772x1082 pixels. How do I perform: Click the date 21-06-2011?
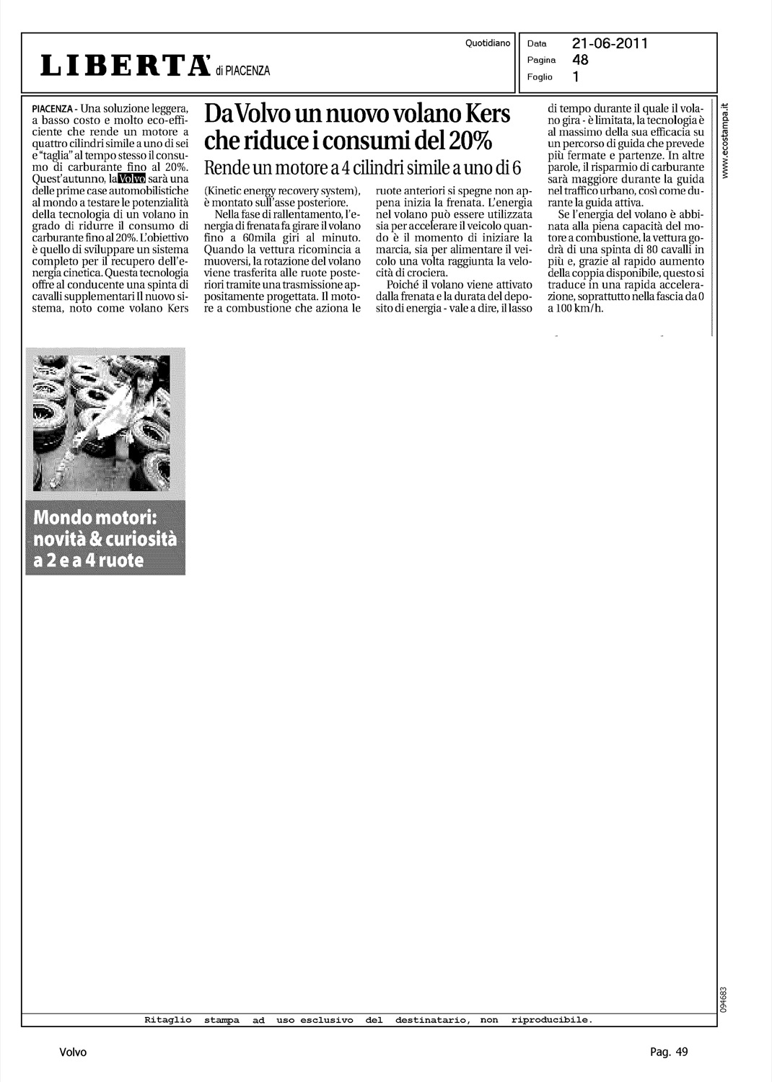(x=610, y=43)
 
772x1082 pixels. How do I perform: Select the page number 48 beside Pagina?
(x=580, y=60)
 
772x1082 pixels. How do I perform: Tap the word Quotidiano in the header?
(x=488, y=43)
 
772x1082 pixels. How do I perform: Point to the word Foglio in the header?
(x=540, y=76)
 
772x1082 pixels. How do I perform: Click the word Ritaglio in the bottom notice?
(x=168, y=1020)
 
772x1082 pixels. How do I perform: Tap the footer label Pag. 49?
(x=670, y=1052)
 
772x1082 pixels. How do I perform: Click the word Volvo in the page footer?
(x=73, y=1052)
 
